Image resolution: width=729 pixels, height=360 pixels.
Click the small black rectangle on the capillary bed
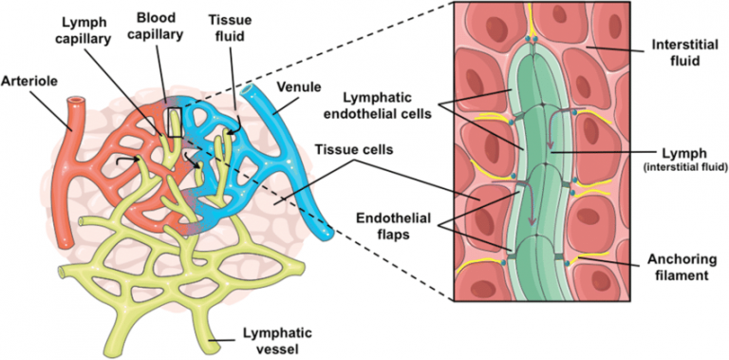[x=173, y=123]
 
